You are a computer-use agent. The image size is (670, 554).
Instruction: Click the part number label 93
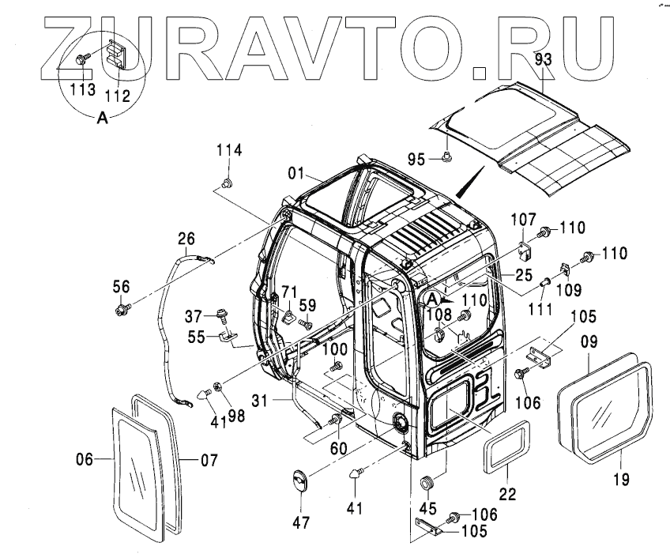(542, 58)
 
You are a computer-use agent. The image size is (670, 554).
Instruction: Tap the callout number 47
(302, 522)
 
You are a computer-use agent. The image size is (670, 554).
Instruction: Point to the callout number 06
(85, 458)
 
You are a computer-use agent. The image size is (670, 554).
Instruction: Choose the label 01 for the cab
(295, 173)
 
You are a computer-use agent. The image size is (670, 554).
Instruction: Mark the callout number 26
(186, 237)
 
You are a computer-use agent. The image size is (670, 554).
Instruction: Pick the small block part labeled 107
(525, 251)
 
